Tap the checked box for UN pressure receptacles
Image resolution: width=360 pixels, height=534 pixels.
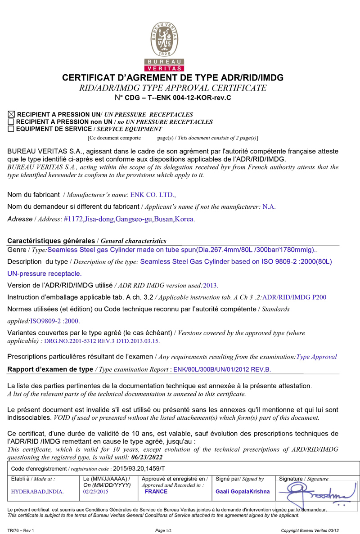pyautogui.click(x=11, y=115)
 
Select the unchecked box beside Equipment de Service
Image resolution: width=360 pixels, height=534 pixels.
pyautogui.click(x=11, y=129)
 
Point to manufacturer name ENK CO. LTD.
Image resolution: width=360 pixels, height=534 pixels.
pyautogui.click(x=153, y=195)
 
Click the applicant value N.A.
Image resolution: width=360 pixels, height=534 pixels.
pyautogui.click(x=269, y=207)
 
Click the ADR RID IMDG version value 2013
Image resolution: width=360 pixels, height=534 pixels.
pyautogui.click(x=211, y=285)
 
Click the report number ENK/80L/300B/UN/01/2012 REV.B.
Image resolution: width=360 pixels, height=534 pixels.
pyautogui.click(x=222, y=369)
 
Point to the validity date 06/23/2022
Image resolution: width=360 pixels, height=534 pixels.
pyautogui.click(x=147, y=457)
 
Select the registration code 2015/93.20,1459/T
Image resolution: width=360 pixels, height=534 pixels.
pyautogui.click(x=139, y=469)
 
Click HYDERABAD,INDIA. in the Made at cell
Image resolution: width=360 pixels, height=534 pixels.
pyautogui.click(x=37, y=492)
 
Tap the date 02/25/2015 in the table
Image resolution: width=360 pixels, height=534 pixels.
pyautogui.click(x=96, y=492)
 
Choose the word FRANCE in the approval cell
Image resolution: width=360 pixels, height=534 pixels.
pyautogui.click(x=156, y=491)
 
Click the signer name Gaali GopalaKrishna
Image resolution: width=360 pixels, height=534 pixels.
pyautogui.click(x=243, y=492)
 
